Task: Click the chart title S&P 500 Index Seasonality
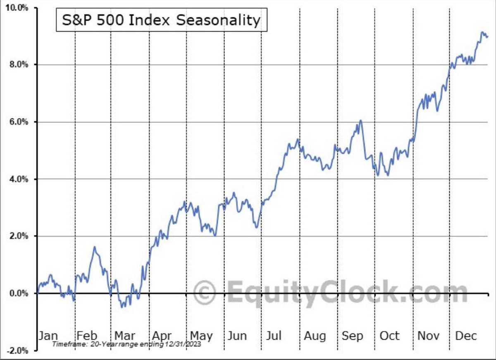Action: coord(162,20)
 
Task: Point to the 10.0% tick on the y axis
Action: coord(17,8)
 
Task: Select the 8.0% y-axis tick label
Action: coord(19,65)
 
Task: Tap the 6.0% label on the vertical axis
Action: coord(19,122)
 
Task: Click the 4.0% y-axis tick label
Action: coord(19,179)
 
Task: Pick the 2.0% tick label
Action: coord(19,236)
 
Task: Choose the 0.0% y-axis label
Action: coord(19,293)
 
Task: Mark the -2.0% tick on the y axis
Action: coord(18,350)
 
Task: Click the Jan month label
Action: coord(48,335)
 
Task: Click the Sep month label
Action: coord(352,335)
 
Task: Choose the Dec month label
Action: coord(466,335)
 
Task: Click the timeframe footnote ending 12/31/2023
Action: coord(126,344)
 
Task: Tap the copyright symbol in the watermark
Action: coord(205,292)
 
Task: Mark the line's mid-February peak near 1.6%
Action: coord(95,247)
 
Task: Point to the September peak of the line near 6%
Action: coord(361,121)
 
